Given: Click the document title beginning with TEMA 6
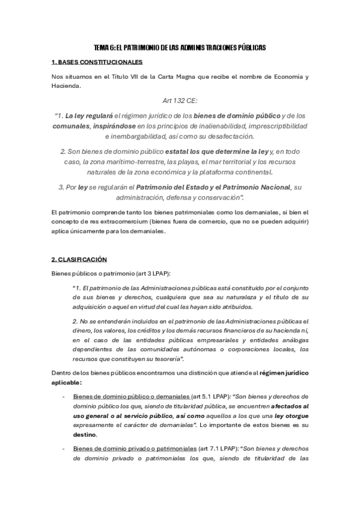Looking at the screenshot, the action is [180, 47].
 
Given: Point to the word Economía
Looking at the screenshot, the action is [286, 77].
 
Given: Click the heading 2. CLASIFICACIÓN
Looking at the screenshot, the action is [79, 259].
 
